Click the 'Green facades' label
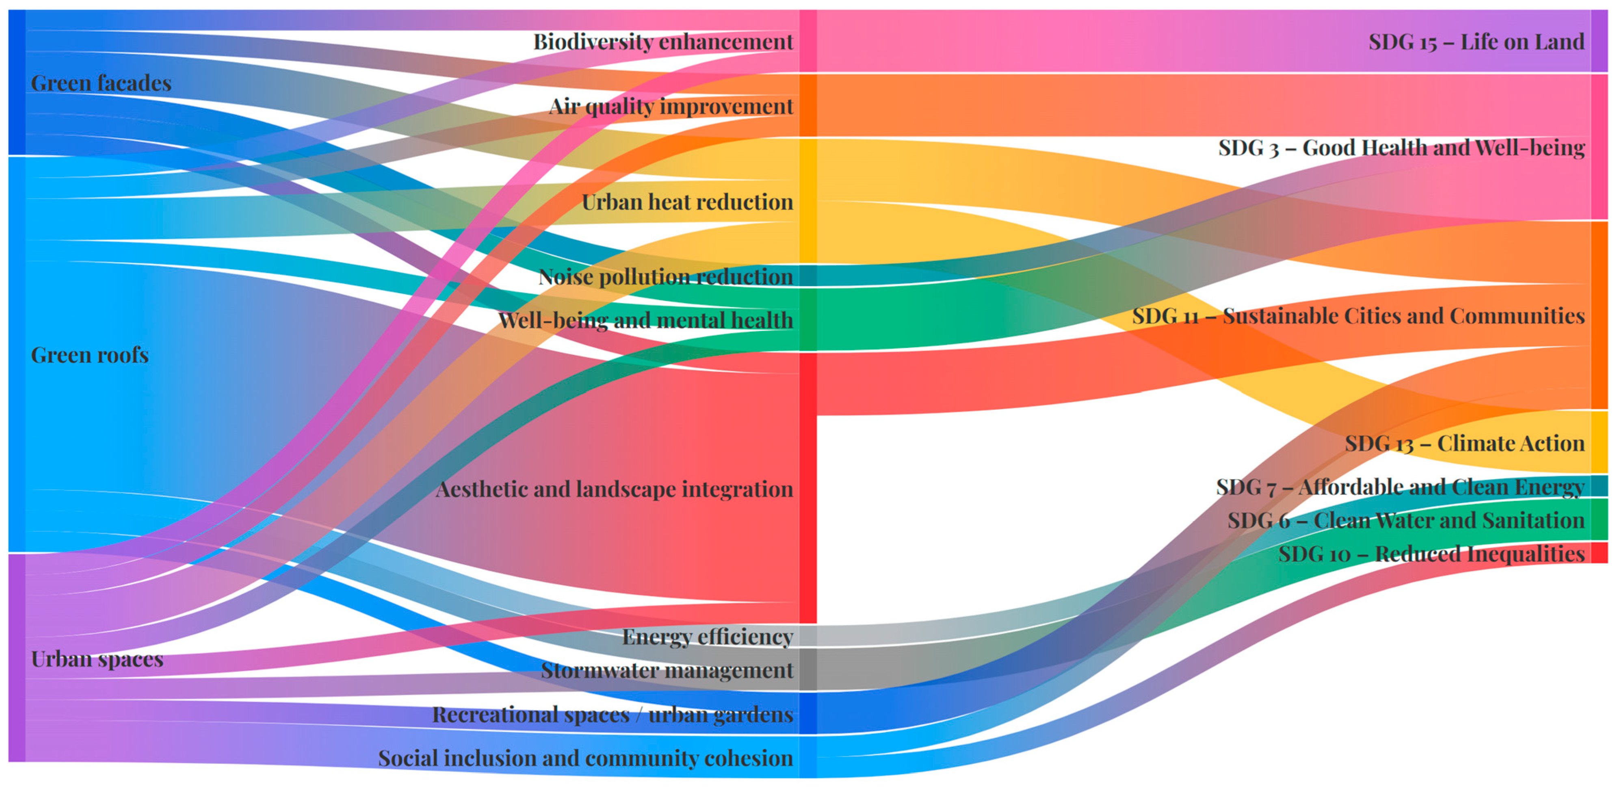click(x=101, y=83)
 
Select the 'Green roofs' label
click(x=90, y=355)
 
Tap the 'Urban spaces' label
click(x=97, y=659)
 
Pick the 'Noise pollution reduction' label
click(x=665, y=276)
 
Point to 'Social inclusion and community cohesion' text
click(x=585, y=758)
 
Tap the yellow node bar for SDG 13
click(x=1599, y=441)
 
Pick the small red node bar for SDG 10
click(x=1599, y=552)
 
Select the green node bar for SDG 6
click(x=1599, y=519)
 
